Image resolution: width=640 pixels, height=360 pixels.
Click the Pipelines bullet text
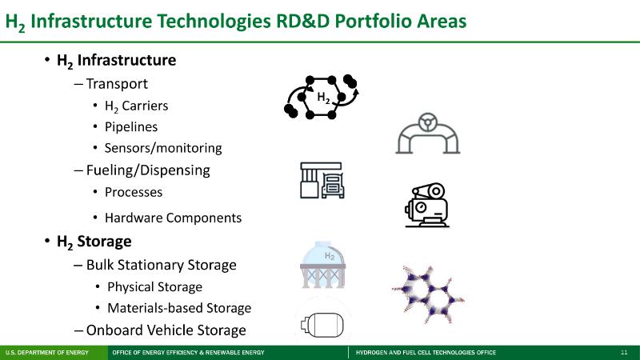(131, 127)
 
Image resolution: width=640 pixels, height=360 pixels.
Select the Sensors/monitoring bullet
(163, 148)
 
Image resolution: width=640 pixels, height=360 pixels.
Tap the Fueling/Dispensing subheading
(148, 170)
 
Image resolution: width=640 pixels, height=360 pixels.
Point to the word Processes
(134, 192)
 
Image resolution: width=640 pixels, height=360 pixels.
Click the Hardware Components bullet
(173, 218)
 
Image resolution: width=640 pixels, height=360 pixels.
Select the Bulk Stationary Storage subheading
(162, 265)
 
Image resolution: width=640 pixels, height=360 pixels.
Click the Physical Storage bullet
(154, 287)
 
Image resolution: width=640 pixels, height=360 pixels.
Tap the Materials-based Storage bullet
(179, 308)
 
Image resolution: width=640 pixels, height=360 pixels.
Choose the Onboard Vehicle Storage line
(166, 330)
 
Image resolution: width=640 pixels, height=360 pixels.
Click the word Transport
(117, 84)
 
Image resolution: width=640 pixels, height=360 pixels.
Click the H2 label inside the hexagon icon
(323, 98)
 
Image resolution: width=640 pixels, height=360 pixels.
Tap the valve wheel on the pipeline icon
(428, 122)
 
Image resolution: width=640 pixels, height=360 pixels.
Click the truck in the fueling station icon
(333, 186)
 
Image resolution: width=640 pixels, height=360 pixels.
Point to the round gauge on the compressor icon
(421, 207)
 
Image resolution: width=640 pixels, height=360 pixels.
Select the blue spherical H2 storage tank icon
(323, 265)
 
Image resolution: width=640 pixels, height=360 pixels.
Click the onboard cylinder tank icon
(322, 325)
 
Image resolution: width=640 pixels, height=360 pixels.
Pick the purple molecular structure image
(428, 294)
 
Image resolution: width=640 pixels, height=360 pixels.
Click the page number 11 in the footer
(624, 352)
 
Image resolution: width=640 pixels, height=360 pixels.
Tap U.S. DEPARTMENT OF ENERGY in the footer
(47, 352)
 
